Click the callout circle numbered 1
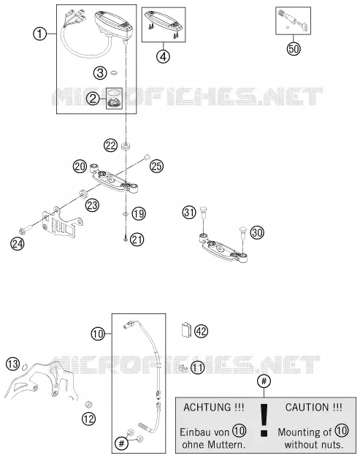39,34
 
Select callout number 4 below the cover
164,56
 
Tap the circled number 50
294,48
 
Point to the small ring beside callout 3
114,72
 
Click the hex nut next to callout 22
126,146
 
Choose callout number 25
156,167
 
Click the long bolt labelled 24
26,230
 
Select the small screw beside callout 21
126,239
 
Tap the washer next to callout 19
126,214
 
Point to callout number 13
13,364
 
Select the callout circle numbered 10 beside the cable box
98,333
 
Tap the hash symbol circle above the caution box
264,381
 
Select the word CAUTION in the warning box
307,407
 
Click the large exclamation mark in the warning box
264,420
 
